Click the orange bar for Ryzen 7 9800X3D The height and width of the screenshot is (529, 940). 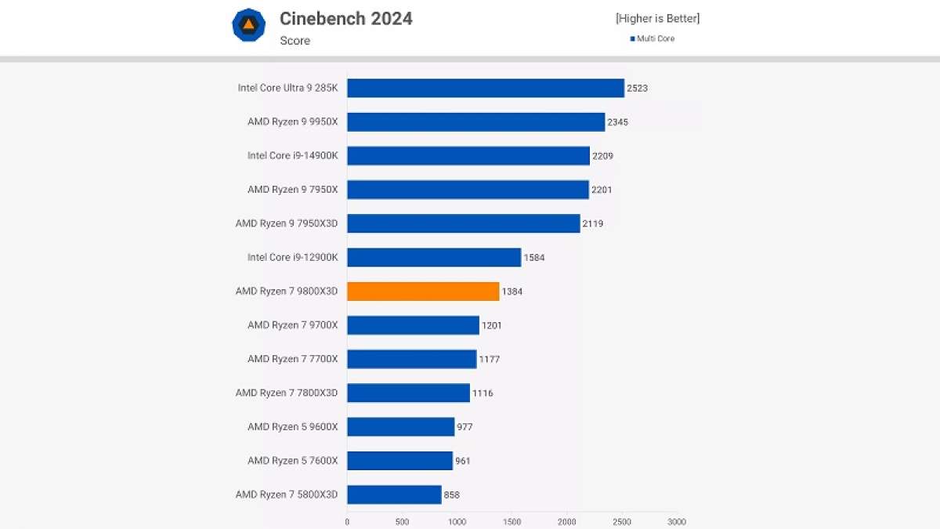pyautogui.click(x=423, y=292)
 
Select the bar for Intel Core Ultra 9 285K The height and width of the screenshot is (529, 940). pyautogui.click(x=486, y=88)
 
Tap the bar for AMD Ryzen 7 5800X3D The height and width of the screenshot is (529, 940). pyautogui.click(x=394, y=495)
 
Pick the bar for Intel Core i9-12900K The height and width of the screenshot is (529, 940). pyautogui.click(x=434, y=257)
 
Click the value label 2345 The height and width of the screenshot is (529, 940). pyautogui.click(x=617, y=122)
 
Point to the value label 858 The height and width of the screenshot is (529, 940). pyautogui.click(x=451, y=495)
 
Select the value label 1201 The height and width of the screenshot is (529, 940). pyautogui.click(x=492, y=325)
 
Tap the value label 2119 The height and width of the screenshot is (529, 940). pyautogui.click(x=592, y=223)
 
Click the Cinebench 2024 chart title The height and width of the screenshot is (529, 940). pyautogui.click(x=346, y=18)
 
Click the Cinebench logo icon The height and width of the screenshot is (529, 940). pyautogui.click(x=249, y=25)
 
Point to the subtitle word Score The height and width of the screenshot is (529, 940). pyautogui.click(x=295, y=41)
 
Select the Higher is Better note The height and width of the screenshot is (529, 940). pyautogui.click(x=657, y=18)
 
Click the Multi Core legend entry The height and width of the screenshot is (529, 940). pyautogui.click(x=653, y=38)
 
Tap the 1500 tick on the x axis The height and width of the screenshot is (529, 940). pyautogui.click(x=512, y=521)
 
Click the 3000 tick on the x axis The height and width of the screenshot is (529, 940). pyautogui.click(x=678, y=521)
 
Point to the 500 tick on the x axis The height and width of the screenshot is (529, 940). pyautogui.click(x=402, y=521)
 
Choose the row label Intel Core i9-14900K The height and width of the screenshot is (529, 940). pyautogui.click(x=292, y=155)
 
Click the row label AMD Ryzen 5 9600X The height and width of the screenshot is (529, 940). pyautogui.click(x=292, y=426)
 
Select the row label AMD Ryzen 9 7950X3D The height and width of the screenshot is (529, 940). pyautogui.click(x=287, y=223)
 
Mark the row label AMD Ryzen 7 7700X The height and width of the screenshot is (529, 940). pyautogui.click(x=292, y=359)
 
